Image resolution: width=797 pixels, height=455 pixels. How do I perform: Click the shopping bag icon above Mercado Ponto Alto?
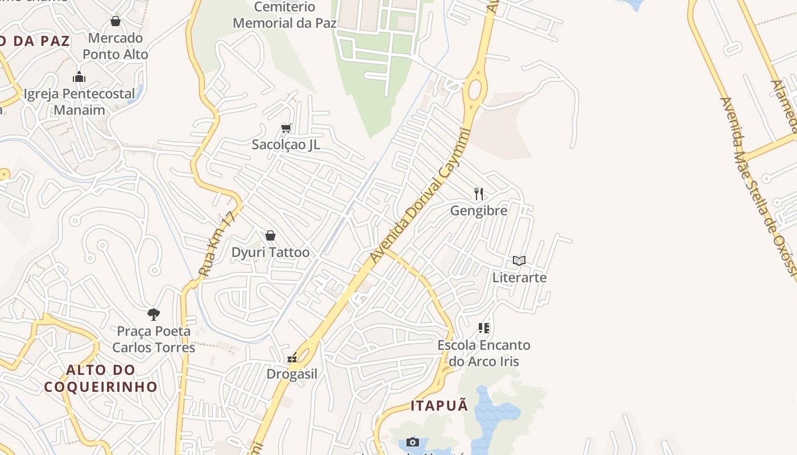pos(116,22)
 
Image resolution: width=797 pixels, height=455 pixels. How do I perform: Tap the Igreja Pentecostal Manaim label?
pos(79,102)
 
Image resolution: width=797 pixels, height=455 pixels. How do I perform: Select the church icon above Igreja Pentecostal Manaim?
pos(79,77)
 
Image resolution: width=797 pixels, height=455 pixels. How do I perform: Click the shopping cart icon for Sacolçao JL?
pos(286,128)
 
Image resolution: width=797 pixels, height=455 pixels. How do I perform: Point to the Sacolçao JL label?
pos(286,144)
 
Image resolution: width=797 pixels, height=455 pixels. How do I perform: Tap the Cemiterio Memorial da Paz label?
pos(285,15)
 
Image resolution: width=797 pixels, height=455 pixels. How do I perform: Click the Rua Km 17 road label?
pos(217,245)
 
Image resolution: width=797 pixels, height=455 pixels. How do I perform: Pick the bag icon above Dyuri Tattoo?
pos(270,235)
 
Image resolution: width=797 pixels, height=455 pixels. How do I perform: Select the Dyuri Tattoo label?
pos(270,253)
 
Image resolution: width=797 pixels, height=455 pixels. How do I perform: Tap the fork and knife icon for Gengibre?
pos(479,194)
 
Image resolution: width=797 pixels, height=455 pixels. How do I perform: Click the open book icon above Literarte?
pos(519,260)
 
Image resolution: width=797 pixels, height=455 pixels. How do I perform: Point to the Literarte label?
pos(519,278)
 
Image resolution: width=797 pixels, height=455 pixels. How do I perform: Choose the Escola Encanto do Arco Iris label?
pos(484,353)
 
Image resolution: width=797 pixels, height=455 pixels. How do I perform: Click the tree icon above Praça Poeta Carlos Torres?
pos(153,314)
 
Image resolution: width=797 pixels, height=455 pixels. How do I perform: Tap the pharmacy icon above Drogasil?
pos(292,358)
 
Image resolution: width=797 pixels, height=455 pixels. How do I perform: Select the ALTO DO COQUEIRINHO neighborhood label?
pos(101,379)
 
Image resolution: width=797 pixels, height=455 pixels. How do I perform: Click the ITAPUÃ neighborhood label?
pos(439,406)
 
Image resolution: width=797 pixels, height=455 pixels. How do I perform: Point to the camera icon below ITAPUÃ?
pos(413,442)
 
